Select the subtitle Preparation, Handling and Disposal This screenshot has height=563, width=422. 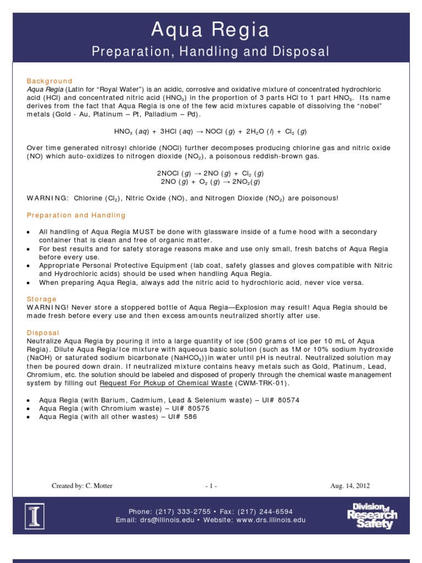tap(211, 52)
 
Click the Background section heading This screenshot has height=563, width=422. tap(49, 81)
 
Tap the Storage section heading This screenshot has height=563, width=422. tap(42, 299)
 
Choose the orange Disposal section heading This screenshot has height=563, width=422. tap(43, 333)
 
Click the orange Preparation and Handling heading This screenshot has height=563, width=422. tap(76, 215)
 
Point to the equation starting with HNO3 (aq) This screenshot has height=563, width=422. tap(210, 131)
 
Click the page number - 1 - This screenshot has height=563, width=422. tap(211, 485)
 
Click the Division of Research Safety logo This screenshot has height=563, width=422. tap(371, 516)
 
